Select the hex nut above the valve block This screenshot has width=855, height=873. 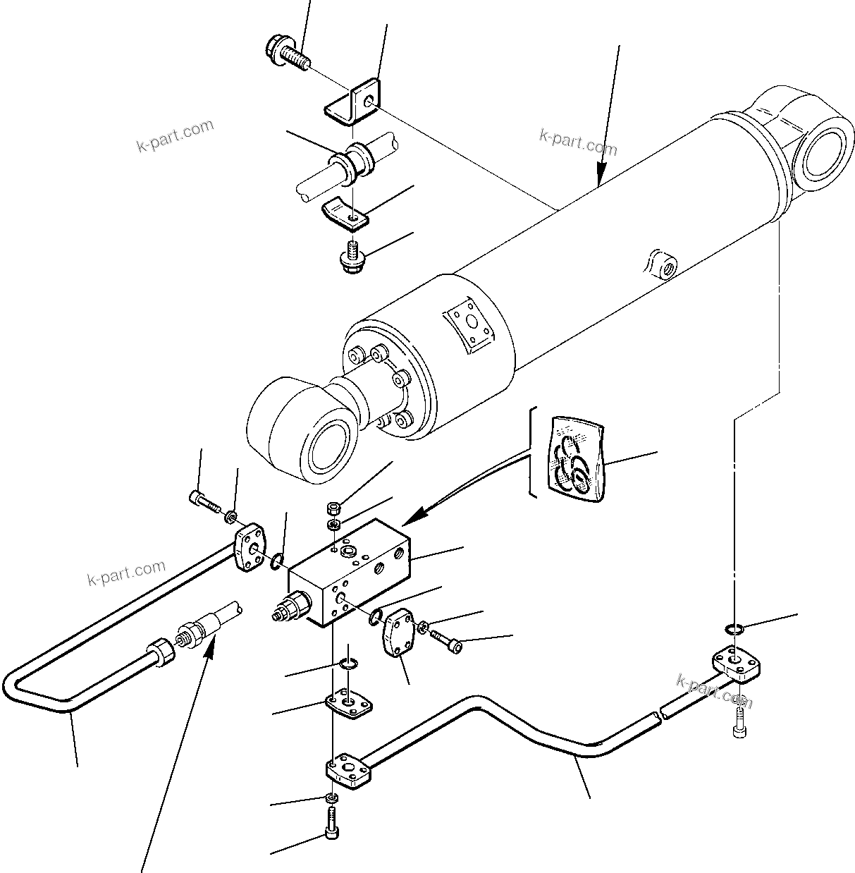pos(335,508)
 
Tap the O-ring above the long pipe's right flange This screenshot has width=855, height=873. pos(733,629)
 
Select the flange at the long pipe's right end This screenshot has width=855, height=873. pos(737,664)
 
